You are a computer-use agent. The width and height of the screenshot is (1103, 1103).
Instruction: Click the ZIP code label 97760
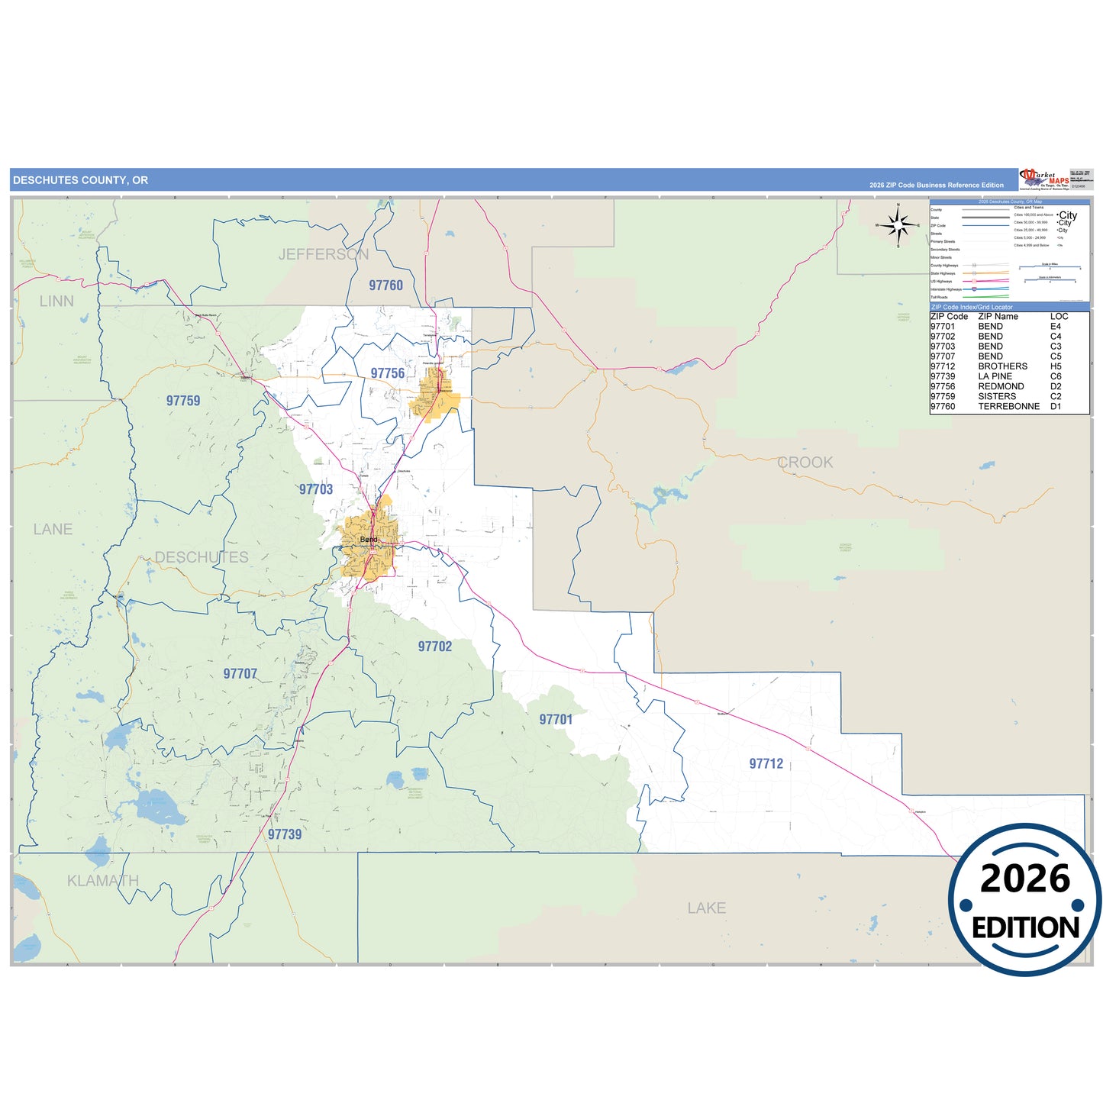click(385, 285)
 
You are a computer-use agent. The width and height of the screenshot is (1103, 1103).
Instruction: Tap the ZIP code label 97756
click(388, 373)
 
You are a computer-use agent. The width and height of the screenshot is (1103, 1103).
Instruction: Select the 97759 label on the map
click(183, 401)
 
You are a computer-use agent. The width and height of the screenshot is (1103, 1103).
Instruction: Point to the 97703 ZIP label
click(316, 489)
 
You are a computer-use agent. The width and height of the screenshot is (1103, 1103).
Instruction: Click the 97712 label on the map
click(766, 763)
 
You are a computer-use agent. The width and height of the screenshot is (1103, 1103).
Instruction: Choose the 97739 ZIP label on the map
click(285, 834)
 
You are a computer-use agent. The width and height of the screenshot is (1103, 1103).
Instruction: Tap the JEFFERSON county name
click(324, 254)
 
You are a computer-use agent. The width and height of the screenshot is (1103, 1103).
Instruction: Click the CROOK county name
click(805, 463)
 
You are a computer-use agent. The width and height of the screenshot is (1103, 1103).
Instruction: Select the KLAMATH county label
click(103, 881)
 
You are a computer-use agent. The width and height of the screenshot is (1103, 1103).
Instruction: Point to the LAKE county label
click(706, 908)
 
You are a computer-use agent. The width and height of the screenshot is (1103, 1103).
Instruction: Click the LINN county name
click(56, 302)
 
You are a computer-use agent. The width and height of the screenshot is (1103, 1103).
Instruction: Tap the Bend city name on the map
click(369, 540)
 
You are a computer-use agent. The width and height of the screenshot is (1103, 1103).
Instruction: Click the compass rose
click(898, 224)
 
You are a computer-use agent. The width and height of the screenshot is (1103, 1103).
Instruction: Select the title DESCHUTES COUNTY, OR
click(81, 180)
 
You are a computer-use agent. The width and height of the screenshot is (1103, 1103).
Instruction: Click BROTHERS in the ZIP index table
click(1002, 366)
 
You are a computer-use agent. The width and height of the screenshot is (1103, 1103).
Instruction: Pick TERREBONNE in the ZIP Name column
click(1008, 407)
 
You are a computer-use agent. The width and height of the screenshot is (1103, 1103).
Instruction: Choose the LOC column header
click(1059, 316)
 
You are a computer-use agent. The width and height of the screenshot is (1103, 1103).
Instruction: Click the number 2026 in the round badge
click(1025, 879)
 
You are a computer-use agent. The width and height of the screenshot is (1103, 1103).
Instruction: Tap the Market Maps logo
click(1045, 179)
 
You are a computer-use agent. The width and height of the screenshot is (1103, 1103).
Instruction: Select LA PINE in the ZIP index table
click(995, 376)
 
